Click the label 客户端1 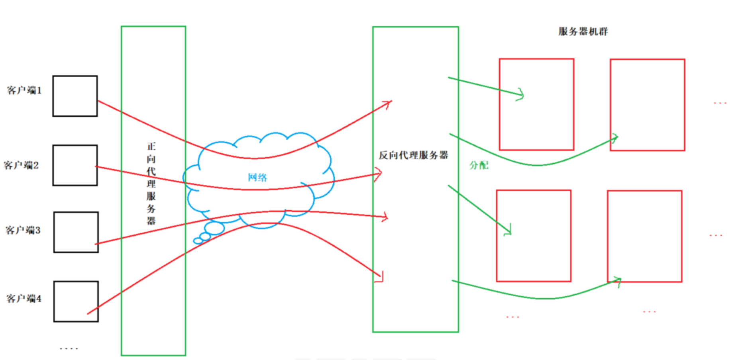pyautogui.click(x=24, y=90)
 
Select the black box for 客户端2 pyautogui.click(x=75, y=165)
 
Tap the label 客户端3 pyautogui.click(x=23, y=230)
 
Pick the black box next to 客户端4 pyautogui.click(x=76, y=301)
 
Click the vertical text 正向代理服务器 pyautogui.click(x=151, y=184)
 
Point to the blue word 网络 pyautogui.click(x=257, y=177)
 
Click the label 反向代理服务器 pyautogui.click(x=413, y=155)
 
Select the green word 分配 pyautogui.click(x=479, y=165)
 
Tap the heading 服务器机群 pyautogui.click(x=583, y=31)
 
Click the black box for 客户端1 pyautogui.click(x=75, y=96)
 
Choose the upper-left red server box pyautogui.click(x=536, y=104)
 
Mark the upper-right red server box pyautogui.click(x=647, y=105)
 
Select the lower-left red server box pyautogui.click(x=534, y=236)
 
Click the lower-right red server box pyautogui.click(x=644, y=236)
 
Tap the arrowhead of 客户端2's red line pyautogui.click(x=379, y=174)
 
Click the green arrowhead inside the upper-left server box pyautogui.click(x=521, y=95)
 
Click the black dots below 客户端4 pyautogui.click(x=69, y=348)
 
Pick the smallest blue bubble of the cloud pyautogui.click(x=198, y=241)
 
